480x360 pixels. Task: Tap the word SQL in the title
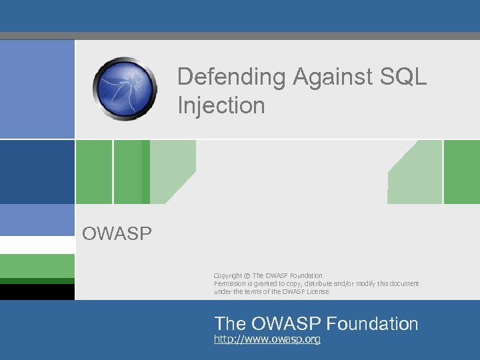pos(402,77)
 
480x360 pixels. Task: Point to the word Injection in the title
pos(221,105)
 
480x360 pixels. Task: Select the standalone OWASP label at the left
pos(117,233)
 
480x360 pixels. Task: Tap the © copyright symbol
pos(247,276)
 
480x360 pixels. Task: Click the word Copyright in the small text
pos(228,276)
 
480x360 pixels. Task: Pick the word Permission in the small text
pos(230,284)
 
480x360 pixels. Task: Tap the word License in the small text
pos(317,291)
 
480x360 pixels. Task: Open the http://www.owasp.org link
pos(267,340)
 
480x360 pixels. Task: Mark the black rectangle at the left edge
pos(37,292)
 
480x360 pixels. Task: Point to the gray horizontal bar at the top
pos(240,36)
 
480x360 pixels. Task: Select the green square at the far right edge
pos(461,172)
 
